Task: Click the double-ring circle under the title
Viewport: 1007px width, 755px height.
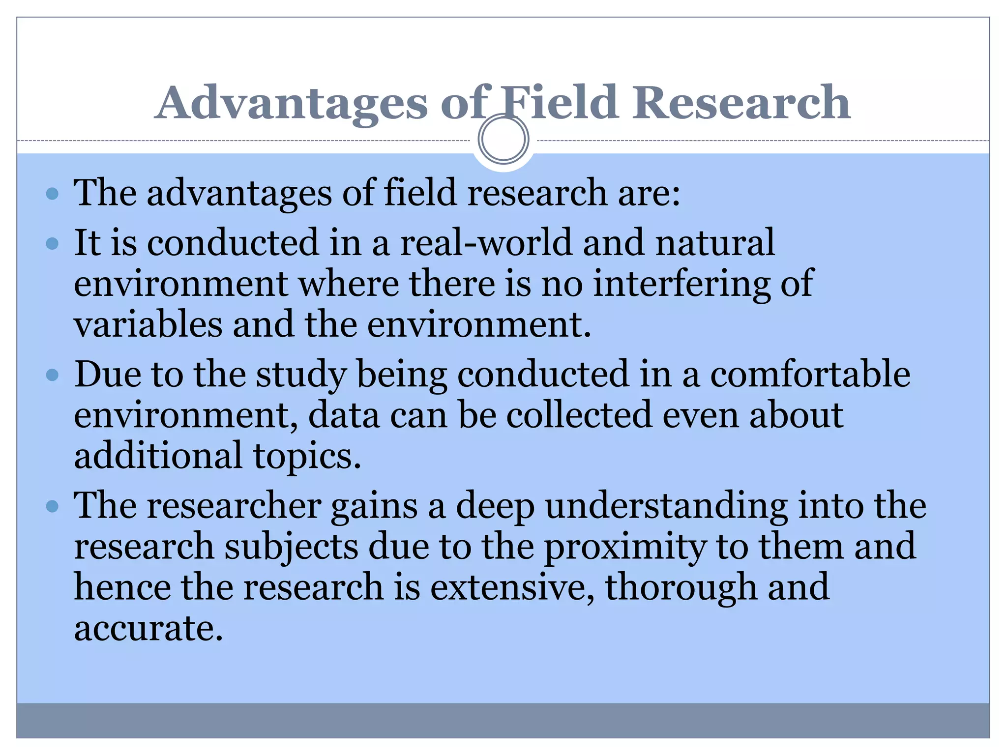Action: (503, 139)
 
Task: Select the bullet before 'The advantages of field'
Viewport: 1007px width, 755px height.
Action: (52, 193)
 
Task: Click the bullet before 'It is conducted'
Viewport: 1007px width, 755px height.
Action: (52, 243)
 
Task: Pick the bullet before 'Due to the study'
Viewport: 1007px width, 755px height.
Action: (52, 376)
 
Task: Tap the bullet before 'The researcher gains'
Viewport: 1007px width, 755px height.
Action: (52, 506)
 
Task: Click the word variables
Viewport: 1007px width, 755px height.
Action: (148, 325)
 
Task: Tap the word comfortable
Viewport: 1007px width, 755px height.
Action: (810, 375)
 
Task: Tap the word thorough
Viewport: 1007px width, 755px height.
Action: (681, 588)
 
